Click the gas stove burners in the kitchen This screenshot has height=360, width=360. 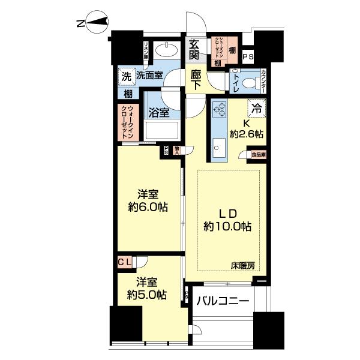click(220, 109)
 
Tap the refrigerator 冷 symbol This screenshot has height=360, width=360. click(256, 109)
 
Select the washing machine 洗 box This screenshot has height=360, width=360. click(126, 76)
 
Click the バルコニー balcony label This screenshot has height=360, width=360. click(223, 302)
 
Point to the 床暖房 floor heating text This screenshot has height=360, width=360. click(246, 265)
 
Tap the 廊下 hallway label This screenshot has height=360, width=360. click(196, 80)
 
